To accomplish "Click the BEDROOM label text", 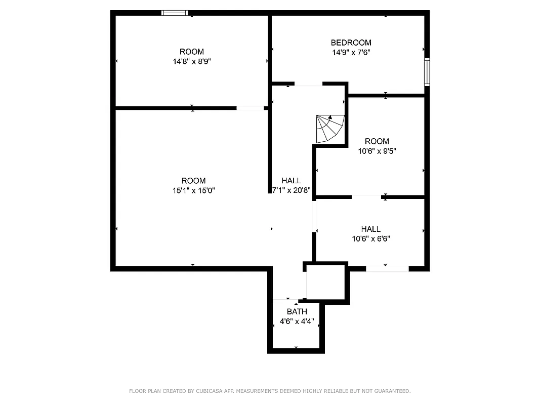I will pos(351,43).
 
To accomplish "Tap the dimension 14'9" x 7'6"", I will pos(351,52).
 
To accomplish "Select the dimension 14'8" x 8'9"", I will pos(192,61).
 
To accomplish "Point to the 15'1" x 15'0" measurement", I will pos(193,190).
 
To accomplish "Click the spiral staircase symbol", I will pos(329,129).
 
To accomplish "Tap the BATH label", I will pos(297,311).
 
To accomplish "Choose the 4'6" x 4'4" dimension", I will pos(297,321).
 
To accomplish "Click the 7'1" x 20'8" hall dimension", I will pos(291,190).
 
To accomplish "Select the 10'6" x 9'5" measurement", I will pos(377,151).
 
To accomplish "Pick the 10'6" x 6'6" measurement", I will pos(371,239).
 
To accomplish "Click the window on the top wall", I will pos(175,13).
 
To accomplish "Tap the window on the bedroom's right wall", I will pos(427,72).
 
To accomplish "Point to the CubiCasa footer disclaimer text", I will pos(270,391).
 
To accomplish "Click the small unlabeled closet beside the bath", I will pos(326,282).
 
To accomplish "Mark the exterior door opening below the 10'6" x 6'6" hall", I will pos(387,269).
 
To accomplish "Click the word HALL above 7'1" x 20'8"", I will pos(291,181).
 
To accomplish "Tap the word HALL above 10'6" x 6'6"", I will pos(371,229).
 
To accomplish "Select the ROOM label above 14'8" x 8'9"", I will pos(192,52).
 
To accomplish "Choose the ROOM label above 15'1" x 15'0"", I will pos(193,181).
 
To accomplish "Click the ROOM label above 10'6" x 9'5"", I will pos(377,141).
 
